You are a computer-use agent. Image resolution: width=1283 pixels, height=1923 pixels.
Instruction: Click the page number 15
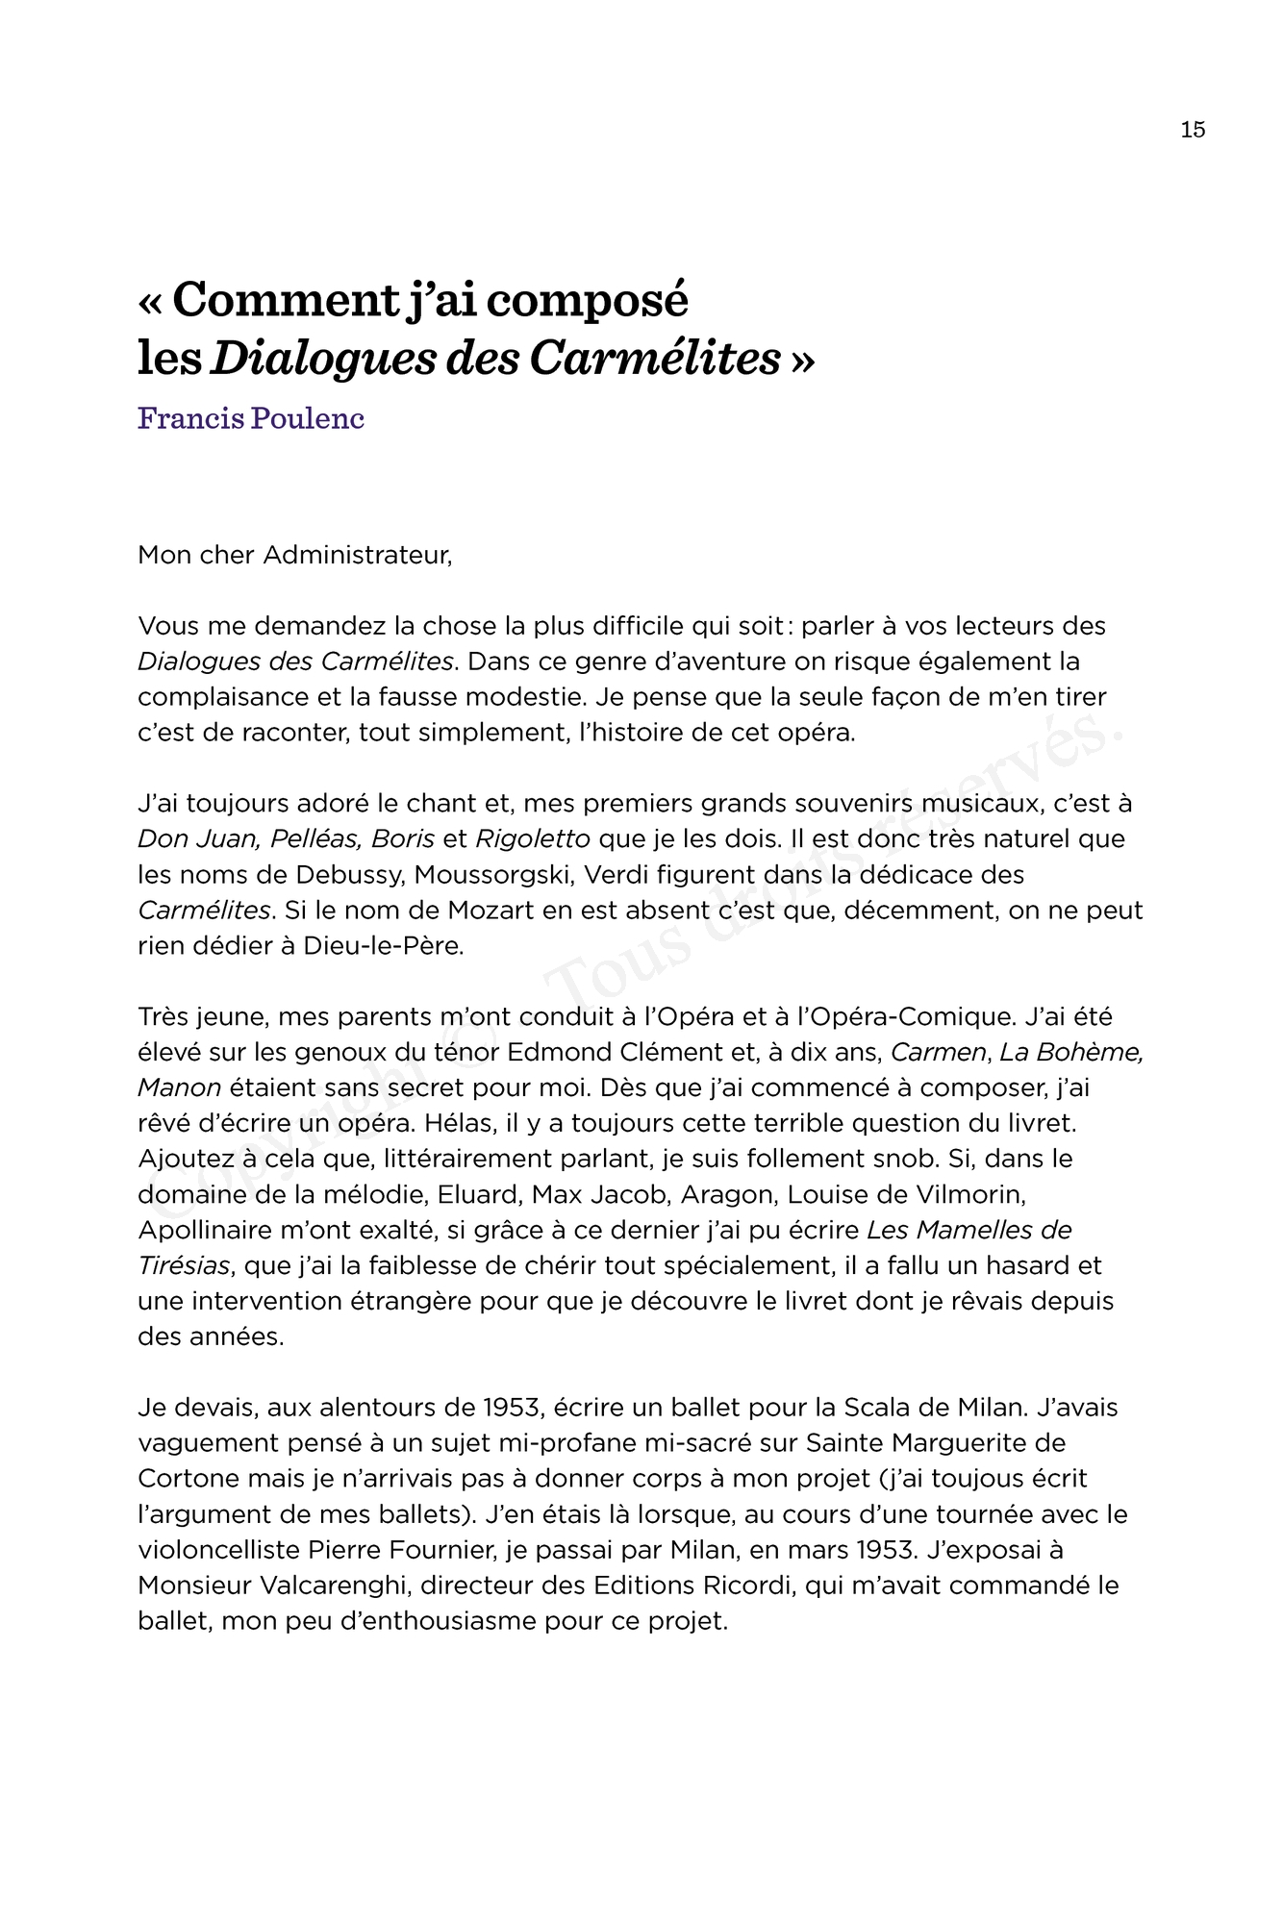(x=1193, y=130)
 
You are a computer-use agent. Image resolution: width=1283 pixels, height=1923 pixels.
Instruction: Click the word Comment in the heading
(x=284, y=300)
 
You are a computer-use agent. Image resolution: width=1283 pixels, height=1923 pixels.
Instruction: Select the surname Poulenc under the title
(x=308, y=419)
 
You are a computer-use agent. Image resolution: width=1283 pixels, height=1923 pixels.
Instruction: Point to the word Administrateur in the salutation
(x=357, y=556)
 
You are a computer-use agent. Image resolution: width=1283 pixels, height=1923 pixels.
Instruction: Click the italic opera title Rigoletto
(x=533, y=839)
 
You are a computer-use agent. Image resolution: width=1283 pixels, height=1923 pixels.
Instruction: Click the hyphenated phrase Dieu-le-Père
(x=384, y=946)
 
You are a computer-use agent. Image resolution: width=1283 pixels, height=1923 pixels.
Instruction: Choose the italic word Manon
(x=180, y=1088)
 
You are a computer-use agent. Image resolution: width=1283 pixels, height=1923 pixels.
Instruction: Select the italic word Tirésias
(x=184, y=1266)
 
